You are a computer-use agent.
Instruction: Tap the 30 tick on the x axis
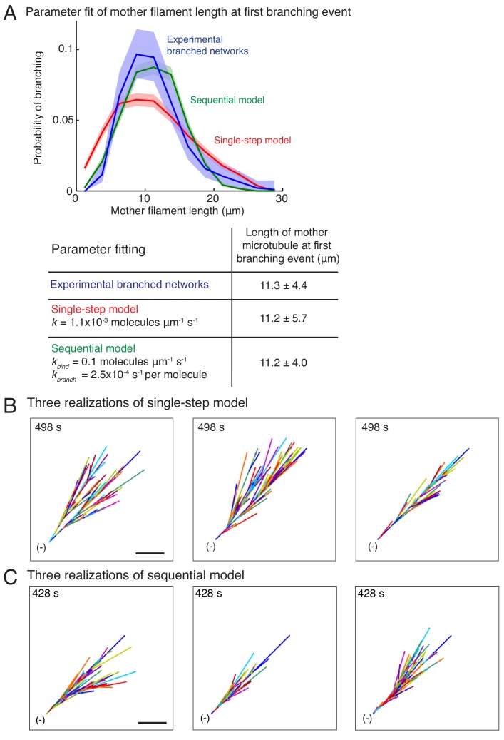281,200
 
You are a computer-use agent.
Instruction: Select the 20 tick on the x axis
212,200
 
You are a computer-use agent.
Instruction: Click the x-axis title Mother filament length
178,212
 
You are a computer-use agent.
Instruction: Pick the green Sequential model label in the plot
227,100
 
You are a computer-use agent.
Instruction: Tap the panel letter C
10,572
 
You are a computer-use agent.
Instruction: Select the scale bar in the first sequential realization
151,722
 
